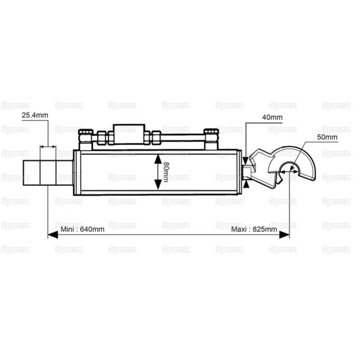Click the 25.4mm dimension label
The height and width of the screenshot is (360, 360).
pos(34,115)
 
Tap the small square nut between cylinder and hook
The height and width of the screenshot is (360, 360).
pos(248,169)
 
